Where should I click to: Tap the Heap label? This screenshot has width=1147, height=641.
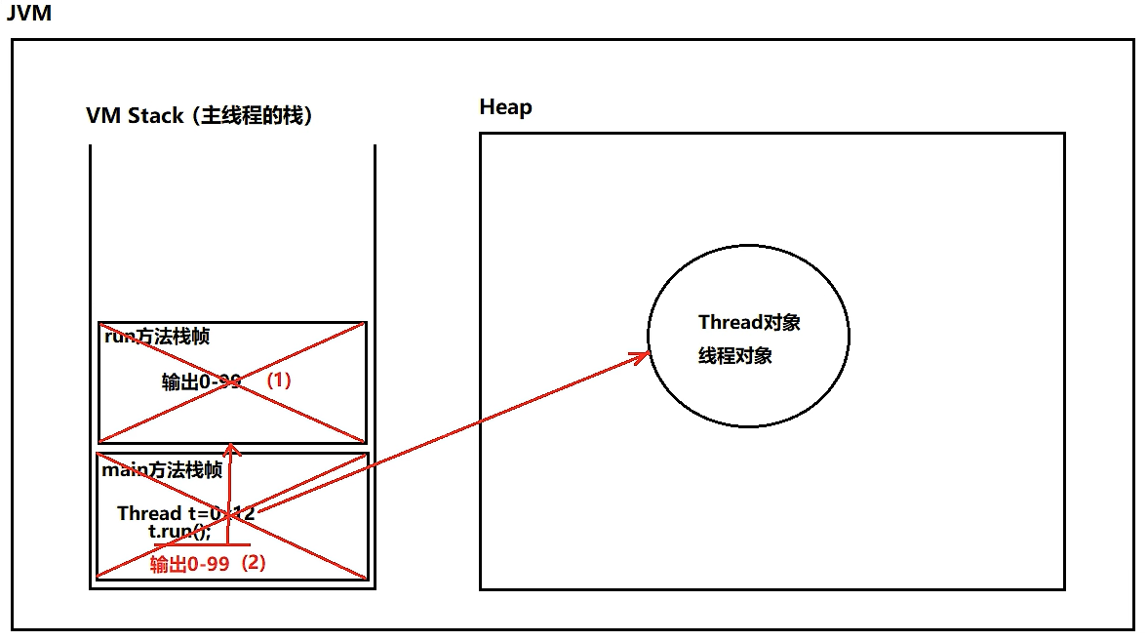(x=505, y=106)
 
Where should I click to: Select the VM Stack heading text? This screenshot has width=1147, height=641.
(x=199, y=115)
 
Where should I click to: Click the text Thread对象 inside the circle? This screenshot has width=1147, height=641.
(x=749, y=323)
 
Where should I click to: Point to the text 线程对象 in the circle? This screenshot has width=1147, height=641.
(x=735, y=356)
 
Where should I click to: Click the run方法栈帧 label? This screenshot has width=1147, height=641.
(x=157, y=338)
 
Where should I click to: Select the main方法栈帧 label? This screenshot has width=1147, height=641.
(x=162, y=470)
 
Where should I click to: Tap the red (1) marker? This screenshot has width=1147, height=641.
(x=279, y=381)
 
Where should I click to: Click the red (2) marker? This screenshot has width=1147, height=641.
(x=253, y=563)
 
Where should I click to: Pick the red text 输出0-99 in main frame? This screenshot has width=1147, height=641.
(x=189, y=564)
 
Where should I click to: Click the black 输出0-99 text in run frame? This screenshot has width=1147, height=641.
(x=201, y=381)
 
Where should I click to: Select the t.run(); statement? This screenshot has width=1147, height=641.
(x=179, y=532)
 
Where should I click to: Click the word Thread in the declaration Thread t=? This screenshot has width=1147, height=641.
(x=149, y=513)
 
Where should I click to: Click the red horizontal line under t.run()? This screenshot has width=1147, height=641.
(x=209, y=544)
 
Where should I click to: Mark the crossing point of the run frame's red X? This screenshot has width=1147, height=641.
(x=232, y=382)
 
